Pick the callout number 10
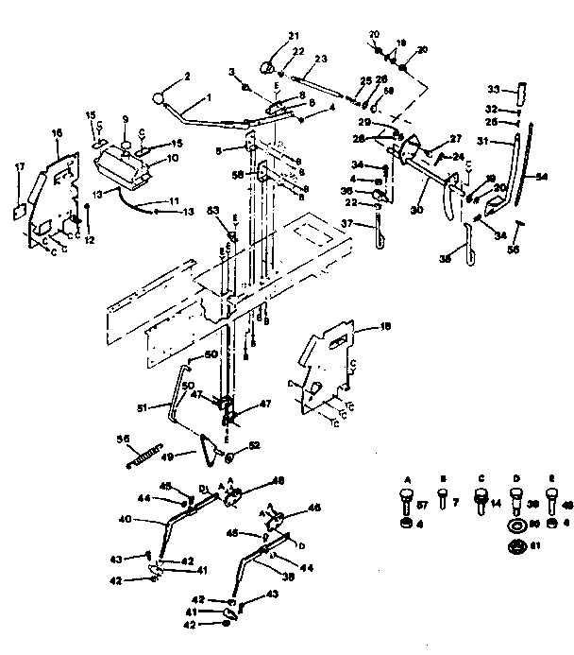pos(171,158)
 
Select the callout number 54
pos(541,176)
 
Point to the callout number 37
pos(347,223)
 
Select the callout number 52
pos(254,444)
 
